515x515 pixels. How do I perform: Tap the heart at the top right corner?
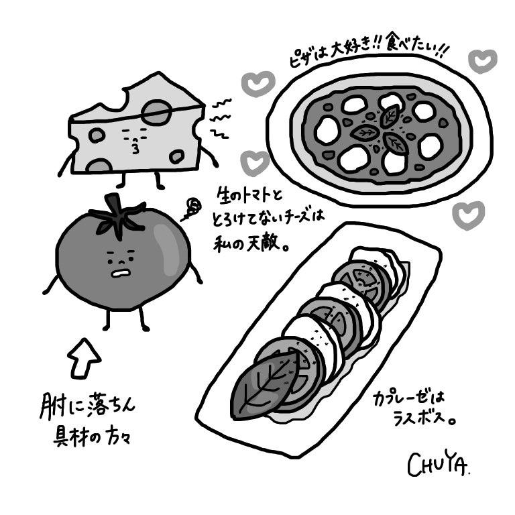pos(481,61)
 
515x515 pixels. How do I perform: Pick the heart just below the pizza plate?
pos(467,215)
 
